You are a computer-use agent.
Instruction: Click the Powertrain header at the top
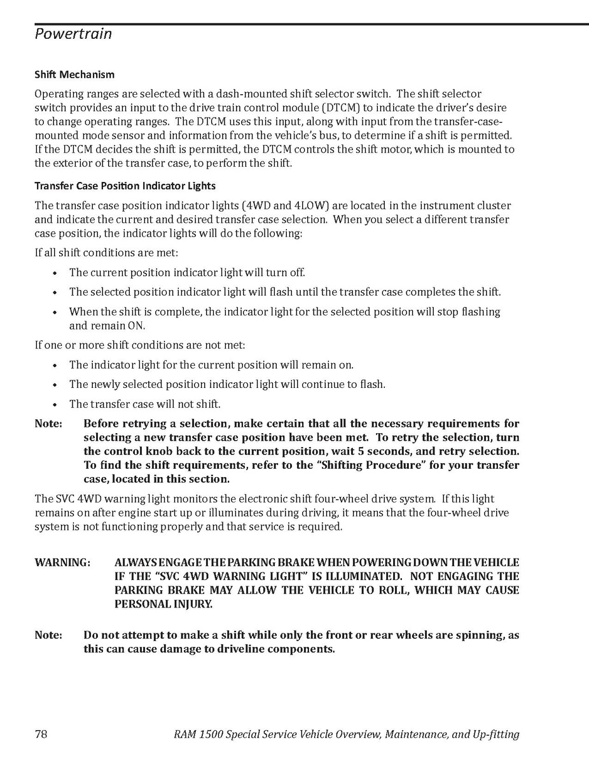pyautogui.click(x=73, y=34)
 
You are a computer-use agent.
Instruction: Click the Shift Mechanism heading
pyautogui.click(x=74, y=74)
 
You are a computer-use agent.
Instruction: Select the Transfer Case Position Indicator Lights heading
pyautogui.click(x=125, y=186)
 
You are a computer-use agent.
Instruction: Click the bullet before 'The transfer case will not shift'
pyautogui.click(x=55, y=405)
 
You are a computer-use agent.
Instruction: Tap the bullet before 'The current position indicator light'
pyautogui.click(x=55, y=273)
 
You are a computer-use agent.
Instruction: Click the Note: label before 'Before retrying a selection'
pyautogui.click(x=48, y=424)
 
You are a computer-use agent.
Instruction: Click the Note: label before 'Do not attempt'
pyautogui.click(x=48, y=635)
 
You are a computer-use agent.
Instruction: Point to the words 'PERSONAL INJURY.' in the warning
pyautogui.click(x=163, y=604)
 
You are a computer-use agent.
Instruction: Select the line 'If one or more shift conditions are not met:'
pyautogui.click(x=139, y=345)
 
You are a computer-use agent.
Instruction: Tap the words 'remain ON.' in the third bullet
pyautogui.click(x=107, y=326)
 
